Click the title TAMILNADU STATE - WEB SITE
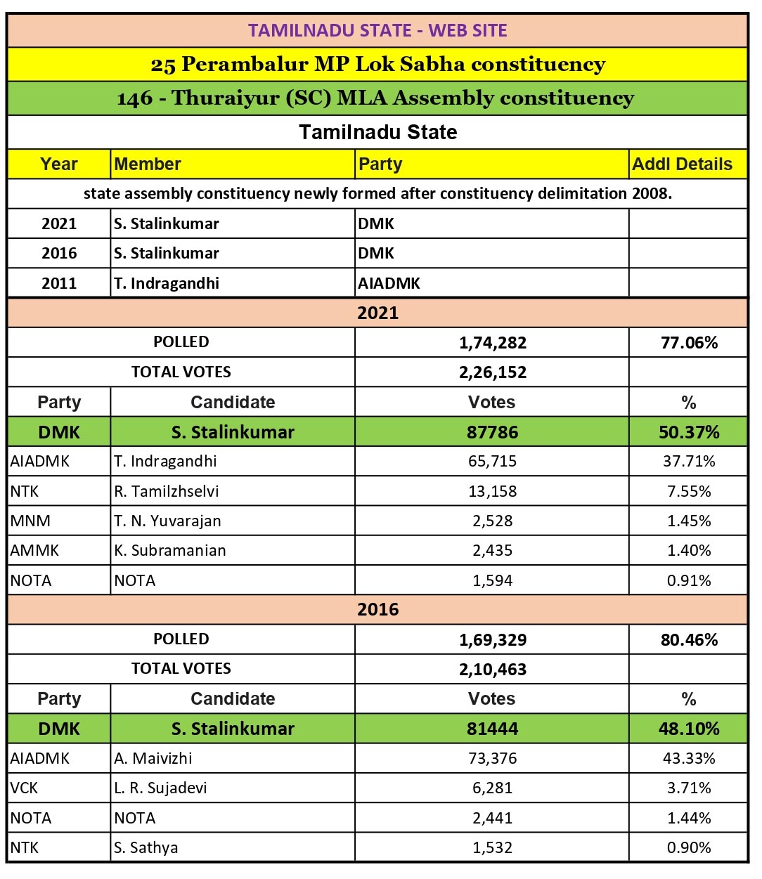(377, 31)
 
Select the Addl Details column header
(682, 164)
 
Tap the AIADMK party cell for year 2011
(389, 283)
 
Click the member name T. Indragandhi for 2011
(167, 283)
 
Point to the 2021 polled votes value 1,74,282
(492, 343)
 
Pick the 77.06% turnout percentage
(689, 343)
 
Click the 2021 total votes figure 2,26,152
(492, 372)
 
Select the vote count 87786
(492, 432)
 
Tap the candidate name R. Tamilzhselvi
(167, 491)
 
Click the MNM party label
(30, 521)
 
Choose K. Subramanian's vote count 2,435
(492, 551)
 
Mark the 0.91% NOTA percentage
(689, 581)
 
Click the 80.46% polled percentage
(689, 640)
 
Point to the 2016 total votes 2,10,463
(492, 670)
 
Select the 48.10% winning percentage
(689, 729)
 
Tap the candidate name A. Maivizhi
(153, 759)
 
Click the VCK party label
(25, 788)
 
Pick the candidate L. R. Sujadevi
(161, 788)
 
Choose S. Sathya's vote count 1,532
(492, 848)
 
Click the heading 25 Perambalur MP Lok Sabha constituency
(377, 65)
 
